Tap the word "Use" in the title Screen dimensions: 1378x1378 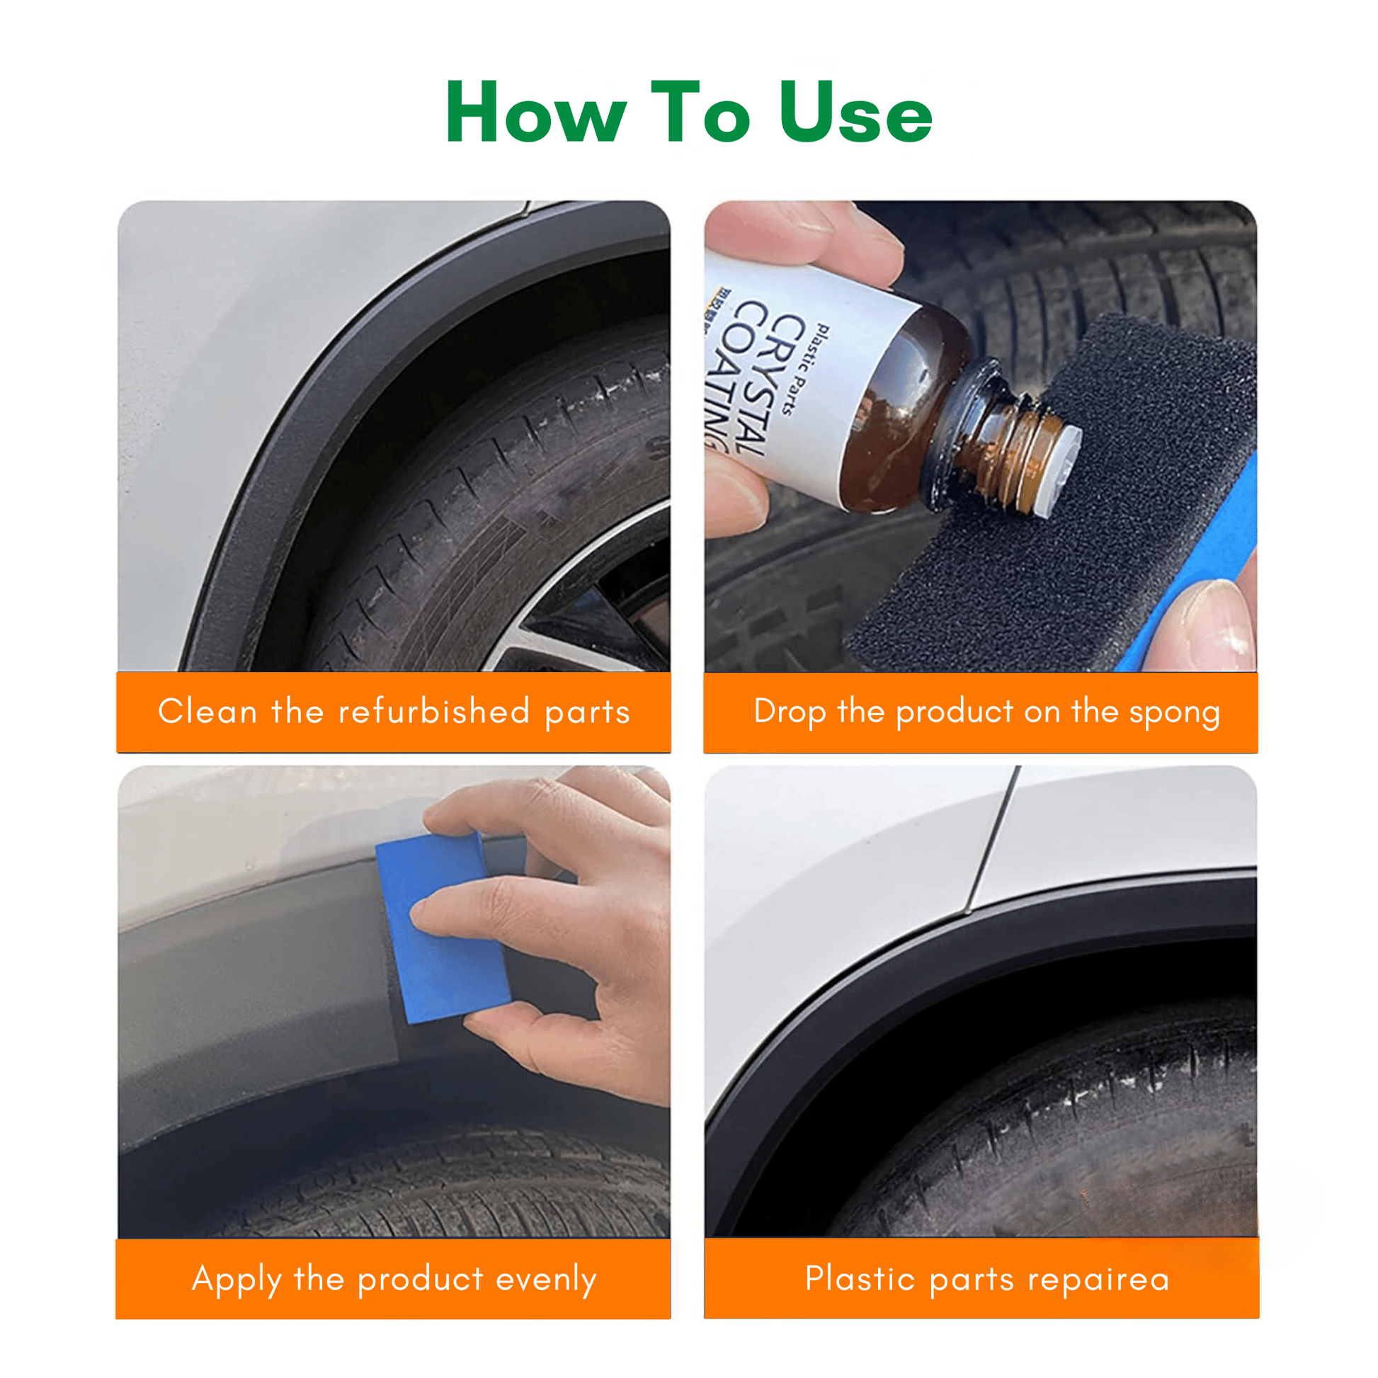[855, 113]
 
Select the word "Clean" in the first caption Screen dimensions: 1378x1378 [207, 712]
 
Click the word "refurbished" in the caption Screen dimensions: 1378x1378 [433, 712]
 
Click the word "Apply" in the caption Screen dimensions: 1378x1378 [237, 1280]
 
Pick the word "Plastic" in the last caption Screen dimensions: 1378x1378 [860, 1278]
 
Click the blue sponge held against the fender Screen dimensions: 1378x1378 [442, 928]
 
